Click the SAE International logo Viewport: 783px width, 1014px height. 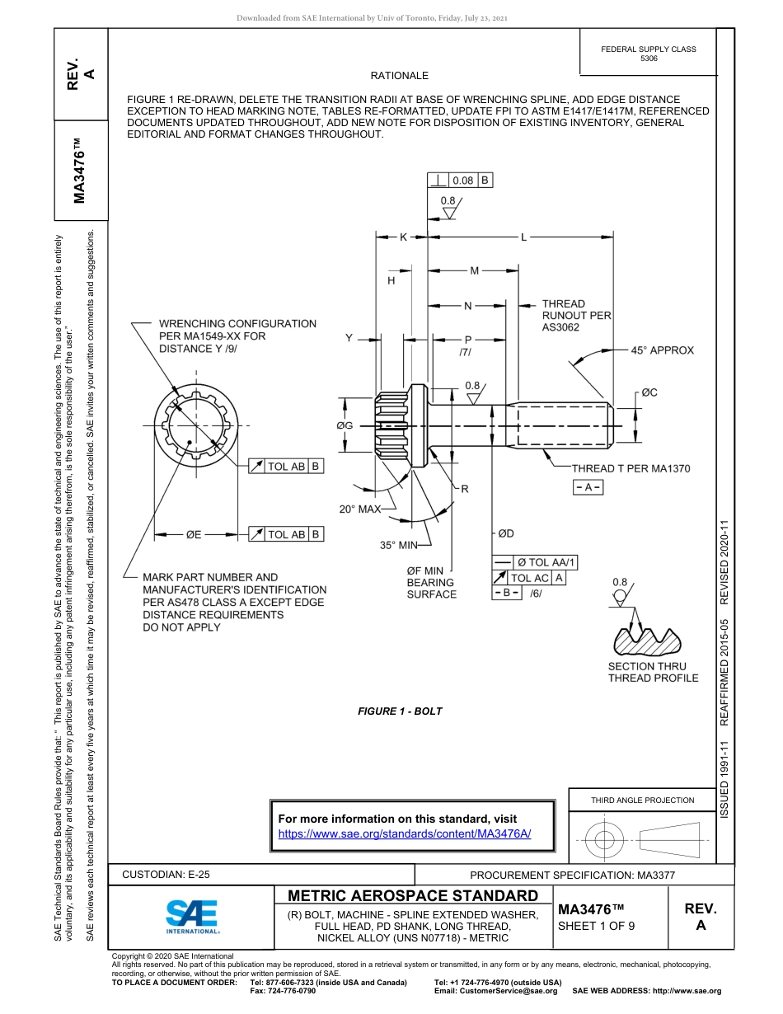coord(192,915)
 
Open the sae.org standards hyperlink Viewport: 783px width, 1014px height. coord(404,833)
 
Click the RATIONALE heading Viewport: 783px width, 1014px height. coord(400,76)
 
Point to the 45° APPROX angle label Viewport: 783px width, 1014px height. coord(662,350)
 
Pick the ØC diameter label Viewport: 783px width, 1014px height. coord(649,392)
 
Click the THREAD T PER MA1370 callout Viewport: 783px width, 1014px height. coord(631,468)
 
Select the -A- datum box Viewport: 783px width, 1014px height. coord(588,487)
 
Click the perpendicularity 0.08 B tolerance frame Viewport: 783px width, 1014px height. coord(461,181)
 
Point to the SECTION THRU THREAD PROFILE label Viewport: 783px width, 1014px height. coord(653,672)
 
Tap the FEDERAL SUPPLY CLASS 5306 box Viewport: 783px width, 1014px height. coord(649,54)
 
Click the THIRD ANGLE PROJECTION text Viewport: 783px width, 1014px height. coord(642,800)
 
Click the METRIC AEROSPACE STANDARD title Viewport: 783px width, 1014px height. coord(413,896)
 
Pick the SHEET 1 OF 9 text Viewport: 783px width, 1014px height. coord(597,926)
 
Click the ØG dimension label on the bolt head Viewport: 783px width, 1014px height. coord(345,425)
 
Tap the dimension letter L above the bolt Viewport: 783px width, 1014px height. coord(523,237)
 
